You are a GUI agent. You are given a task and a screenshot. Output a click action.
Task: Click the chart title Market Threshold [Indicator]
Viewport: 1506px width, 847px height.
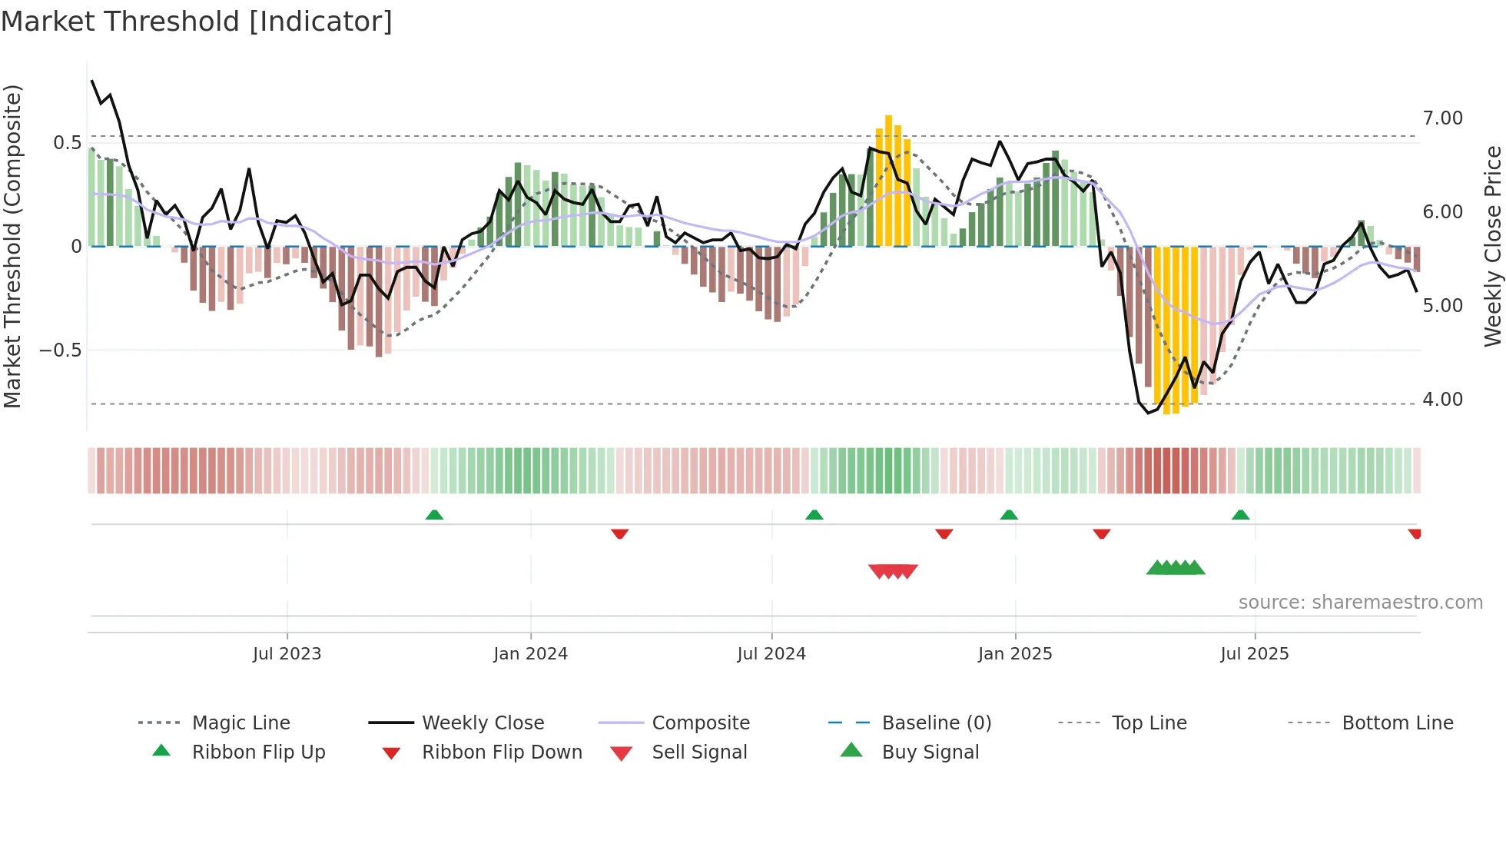[197, 22]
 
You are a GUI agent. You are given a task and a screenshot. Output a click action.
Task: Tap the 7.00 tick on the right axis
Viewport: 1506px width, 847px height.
[1442, 118]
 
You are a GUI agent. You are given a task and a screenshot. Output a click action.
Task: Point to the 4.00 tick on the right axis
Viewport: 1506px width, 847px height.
[1442, 400]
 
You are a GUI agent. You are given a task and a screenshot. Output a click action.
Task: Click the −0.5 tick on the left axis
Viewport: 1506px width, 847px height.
[60, 350]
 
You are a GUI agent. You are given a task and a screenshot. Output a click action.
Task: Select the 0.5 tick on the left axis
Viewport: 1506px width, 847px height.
[67, 143]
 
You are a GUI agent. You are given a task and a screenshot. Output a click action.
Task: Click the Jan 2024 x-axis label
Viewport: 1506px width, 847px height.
[530, 654]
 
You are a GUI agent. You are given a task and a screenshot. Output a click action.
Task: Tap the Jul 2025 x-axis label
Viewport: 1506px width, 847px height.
[1254, 654]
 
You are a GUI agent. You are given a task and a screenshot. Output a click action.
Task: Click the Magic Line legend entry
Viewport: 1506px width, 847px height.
[240, 723]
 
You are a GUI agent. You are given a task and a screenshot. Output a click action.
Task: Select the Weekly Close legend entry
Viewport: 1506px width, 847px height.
[483, 723]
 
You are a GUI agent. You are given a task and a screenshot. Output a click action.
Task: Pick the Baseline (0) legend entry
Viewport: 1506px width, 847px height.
[936, 723]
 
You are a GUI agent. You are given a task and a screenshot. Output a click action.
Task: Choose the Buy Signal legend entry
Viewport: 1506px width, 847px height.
[930, 752]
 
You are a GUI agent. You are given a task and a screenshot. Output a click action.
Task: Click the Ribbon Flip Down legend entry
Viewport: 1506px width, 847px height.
[502, 752]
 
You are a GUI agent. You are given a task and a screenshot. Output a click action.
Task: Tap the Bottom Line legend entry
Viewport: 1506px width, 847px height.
[1397, 723]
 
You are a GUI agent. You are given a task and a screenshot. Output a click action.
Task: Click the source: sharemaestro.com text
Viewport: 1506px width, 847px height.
[1360, 603]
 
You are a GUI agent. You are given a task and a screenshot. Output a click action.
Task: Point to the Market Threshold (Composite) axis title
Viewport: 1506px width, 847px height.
[12, 246]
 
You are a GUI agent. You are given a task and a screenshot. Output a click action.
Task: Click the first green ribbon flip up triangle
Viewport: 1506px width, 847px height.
[434, 515]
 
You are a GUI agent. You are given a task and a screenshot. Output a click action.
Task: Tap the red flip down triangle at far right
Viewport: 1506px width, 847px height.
[1415, 533]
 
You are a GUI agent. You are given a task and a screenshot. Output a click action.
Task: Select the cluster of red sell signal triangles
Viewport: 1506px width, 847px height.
[893, 571]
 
